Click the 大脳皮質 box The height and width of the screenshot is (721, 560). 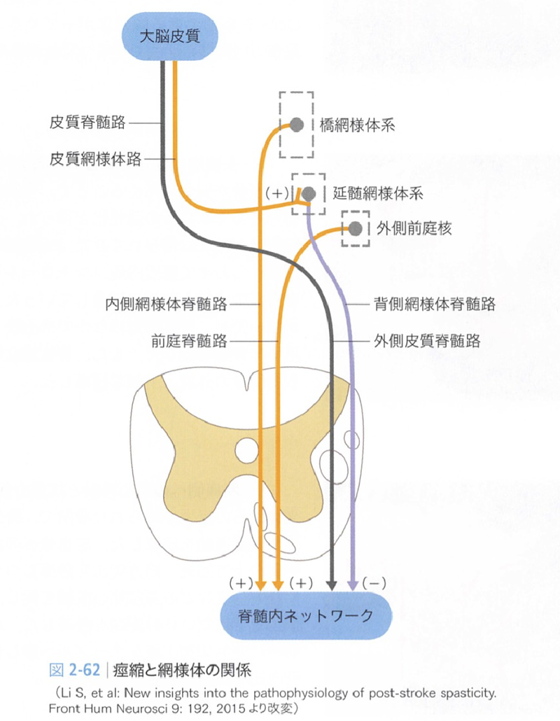coord(169,36)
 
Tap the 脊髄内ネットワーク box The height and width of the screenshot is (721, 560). coord(306,616)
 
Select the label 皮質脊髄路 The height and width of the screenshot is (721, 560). coord(87,122)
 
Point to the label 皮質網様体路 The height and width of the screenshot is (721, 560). coord(95,159)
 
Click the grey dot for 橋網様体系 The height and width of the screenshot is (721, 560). coord(297,125)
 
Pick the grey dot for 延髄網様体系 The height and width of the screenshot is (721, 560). coord(309,194)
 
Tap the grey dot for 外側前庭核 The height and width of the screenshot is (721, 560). coord(355,228)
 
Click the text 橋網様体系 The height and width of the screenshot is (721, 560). coord(357,125)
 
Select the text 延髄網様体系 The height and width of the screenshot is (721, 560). coord(378,194)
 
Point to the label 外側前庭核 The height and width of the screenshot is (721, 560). coord(414,228)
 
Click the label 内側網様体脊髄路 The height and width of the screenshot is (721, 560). coord(167,304)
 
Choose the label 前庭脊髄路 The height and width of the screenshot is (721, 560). coord(190,341)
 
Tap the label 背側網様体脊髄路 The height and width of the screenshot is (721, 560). coord(435,304)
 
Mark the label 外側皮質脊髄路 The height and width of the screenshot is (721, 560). coord(427,341)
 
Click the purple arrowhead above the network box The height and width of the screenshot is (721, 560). coord(353,585)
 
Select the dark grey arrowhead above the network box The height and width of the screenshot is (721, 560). coord(332,585)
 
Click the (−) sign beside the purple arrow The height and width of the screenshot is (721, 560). coord(374,584)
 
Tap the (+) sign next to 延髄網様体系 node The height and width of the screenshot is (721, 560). coord(276,193)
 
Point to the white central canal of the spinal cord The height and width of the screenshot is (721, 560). coord(247,449)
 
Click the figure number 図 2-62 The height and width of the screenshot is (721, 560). coord(74,670)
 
